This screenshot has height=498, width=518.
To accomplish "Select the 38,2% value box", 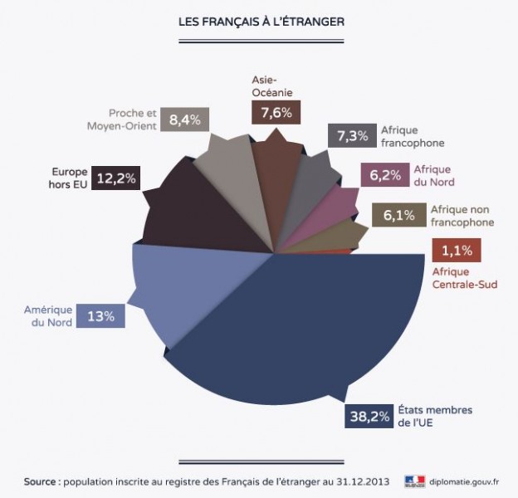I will [x=368, y=417].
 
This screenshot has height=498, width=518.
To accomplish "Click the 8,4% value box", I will [x=184, y=120].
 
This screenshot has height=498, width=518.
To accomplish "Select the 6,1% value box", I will [x=397, y=215].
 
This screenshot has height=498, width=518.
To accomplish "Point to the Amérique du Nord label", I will [x=47, y=315].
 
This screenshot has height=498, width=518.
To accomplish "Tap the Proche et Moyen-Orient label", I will [x=122, y=120].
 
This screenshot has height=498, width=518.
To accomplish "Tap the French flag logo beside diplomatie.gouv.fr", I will [x=414, y=481].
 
